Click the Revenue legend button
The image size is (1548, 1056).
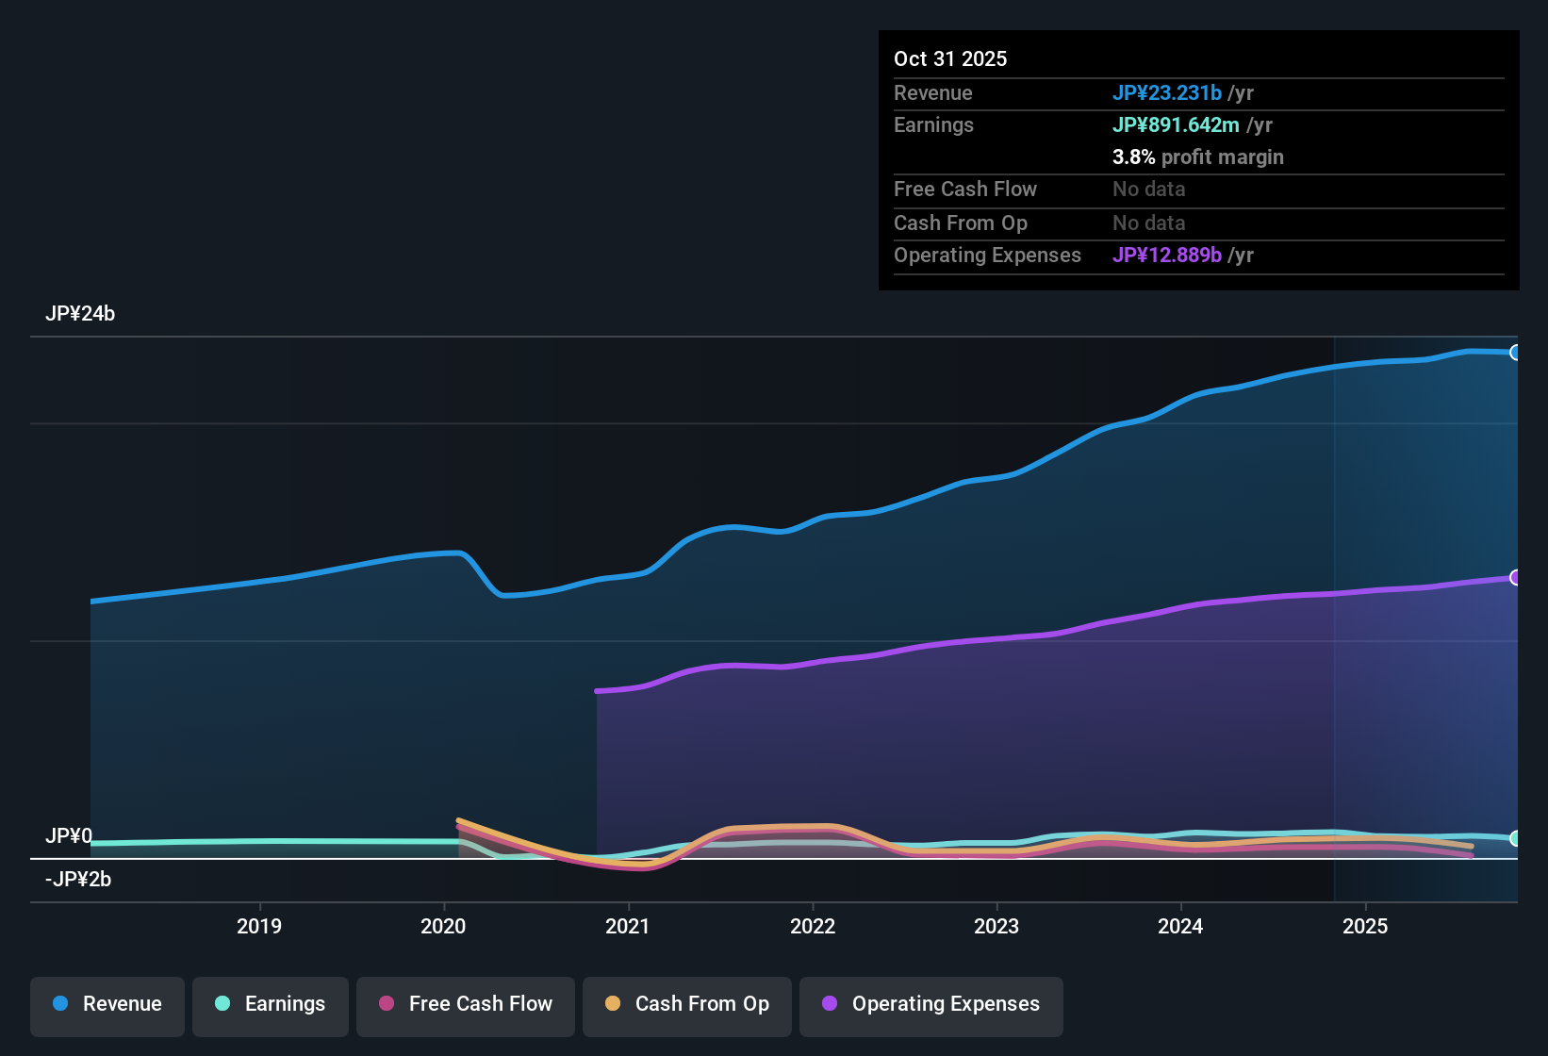(x=107, y=1005)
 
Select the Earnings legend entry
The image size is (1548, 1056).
(x=271, y=1005)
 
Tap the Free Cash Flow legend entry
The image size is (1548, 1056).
(x=466, y=1005)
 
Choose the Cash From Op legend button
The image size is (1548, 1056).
(x=687, y=1005)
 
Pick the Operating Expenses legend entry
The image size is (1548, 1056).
(x=931, y=1005)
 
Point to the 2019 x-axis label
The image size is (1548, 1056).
(x=259, y=927)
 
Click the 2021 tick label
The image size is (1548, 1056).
(x=628, y=927)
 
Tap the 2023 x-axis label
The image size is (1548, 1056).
(x=996, y=927)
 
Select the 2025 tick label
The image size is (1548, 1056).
(x=1365, y=927)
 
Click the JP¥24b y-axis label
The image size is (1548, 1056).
(x=80, y=314)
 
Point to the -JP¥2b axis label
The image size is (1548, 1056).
(x=78, y=880)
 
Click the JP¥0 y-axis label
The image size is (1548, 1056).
(x=69, y=836)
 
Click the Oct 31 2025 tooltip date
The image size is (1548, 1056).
(x=950, y=58)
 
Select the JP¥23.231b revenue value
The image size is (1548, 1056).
(x=1167, y=92)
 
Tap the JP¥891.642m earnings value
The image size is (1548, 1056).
(x=1176, y=124)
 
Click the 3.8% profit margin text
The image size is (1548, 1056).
(x=1197, y=157)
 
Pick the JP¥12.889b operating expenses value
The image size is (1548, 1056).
(x=1167, y=256)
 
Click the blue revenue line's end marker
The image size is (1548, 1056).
(x=1515, y=353)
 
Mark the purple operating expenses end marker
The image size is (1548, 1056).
(x=1515, y=577)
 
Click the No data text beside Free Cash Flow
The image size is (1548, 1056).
(x=1148, y=190)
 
